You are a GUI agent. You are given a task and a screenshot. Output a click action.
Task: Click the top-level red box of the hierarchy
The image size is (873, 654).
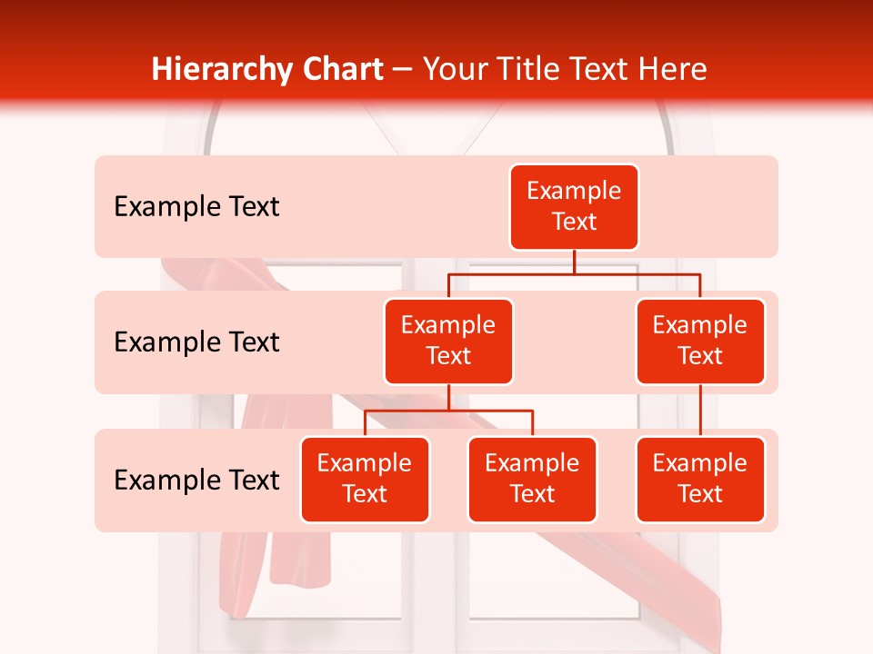pyautogui.click(x=574, y=206)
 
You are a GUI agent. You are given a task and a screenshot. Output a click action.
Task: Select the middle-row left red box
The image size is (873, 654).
pyautogui.click(x=448, y=341)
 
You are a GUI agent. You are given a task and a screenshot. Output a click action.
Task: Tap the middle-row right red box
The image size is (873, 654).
pyautogui.click(x=700, y=341)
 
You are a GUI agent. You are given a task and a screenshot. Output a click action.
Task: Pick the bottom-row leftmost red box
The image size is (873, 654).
pyautogui.click(x=365, y=479)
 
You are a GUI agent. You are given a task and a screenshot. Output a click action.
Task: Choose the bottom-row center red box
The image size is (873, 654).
pyautogui.click(x=532, y=479)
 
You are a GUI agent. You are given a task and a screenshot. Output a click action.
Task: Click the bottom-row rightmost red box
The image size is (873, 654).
pyautogui.click(x=700, y=479)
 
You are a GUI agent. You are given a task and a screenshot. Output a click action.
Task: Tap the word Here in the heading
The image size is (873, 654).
pyautogui.click(x=672, y=70)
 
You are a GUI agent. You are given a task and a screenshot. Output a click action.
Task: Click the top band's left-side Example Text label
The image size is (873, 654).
pyautogui.click(x=196, y=207)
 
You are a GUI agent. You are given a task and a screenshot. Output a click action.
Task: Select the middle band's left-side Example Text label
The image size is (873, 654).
pyautogui.click(x=196, y=342)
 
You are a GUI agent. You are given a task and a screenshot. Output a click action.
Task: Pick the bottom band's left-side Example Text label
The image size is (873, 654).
pyautogui.click(x=196, y=480)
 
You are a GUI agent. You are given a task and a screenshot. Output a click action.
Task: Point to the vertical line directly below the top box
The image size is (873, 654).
pyautogui.click(x=574, y=262)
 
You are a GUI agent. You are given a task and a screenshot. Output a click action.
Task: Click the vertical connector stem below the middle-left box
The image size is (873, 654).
pyautogui.click(x=448, y=398)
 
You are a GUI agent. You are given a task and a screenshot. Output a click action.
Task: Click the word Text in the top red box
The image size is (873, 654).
pyautogui.click(x=574, y=222)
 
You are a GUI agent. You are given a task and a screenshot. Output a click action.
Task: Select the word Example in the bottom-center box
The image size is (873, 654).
pyautogui.click(x=532, y=463)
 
